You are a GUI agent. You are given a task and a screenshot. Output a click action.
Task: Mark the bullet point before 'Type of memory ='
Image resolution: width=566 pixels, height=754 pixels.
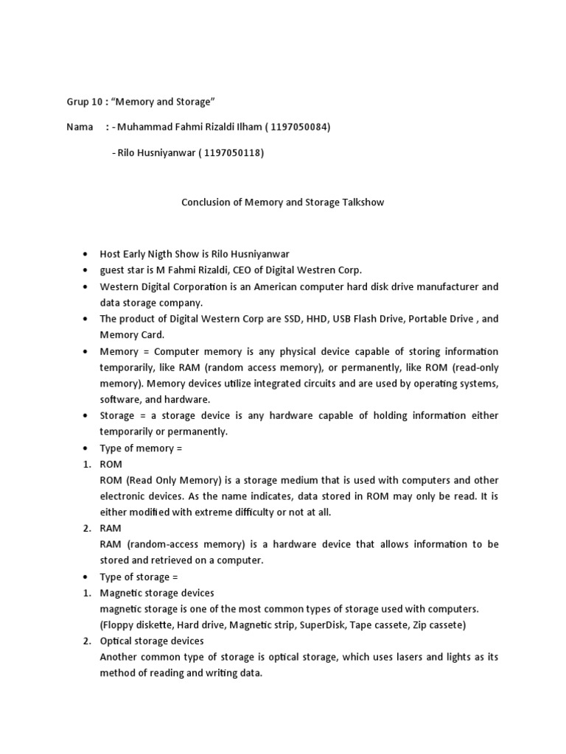[x=86, y=448]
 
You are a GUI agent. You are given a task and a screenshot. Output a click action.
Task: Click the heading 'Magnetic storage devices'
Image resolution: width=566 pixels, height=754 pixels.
[x=157, y=593]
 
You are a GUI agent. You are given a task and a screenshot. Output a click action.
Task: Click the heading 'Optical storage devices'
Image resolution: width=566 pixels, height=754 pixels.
[x=152, y=641]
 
